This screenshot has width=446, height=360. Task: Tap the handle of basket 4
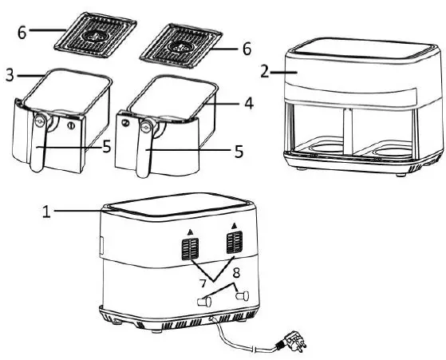144,148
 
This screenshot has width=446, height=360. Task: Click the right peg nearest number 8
243,295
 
